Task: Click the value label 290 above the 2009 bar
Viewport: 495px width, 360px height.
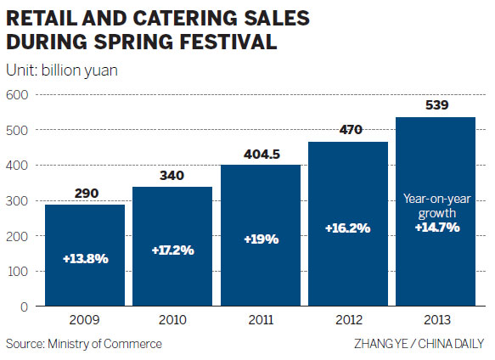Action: click(x=85, y=194)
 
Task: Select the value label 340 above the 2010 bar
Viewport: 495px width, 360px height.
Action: click(x=173, y=176)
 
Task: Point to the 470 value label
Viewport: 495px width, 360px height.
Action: click(x=349, y=130)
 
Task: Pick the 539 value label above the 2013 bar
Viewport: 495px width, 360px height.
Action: click(x=436, y=106)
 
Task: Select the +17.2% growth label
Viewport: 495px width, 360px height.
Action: click(x=173, y=251)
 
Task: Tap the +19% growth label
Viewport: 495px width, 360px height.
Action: click(x=261, y=240)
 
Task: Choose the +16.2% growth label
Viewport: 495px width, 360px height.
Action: click(x=349, y=228)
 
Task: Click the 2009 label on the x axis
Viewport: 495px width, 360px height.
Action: click(x=85, y=320)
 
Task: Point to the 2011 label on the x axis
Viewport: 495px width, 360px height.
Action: click(x=261, y=320)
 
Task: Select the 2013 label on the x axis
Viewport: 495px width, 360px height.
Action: click(x=436, y=320)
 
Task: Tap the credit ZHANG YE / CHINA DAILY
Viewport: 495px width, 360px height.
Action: click(x=419, y=344)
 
